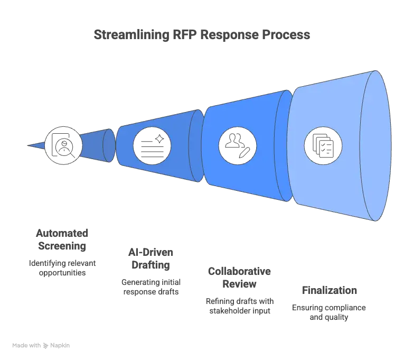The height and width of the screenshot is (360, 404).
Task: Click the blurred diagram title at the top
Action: click(x=202, y=36)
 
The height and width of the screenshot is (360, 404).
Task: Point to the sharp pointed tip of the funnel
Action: click(x=27, y=145)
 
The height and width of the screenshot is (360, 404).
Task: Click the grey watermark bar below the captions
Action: click(x=42, y=347)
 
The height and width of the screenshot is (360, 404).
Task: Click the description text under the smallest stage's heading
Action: click(x=61, y=268)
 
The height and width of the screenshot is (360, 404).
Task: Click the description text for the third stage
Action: click(x=238, y=306)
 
